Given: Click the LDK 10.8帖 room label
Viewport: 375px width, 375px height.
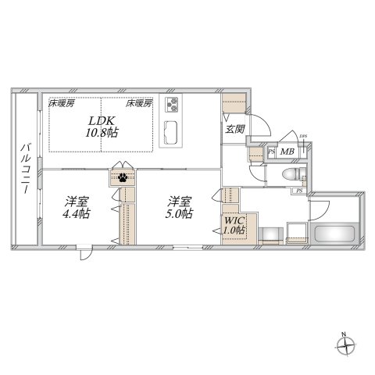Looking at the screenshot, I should click(102, 127).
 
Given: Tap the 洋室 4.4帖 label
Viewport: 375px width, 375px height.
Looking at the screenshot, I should click(76, 206).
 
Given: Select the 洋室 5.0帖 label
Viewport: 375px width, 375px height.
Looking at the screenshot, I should click(179, 206).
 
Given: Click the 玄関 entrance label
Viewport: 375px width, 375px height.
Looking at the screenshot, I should click(234, 129).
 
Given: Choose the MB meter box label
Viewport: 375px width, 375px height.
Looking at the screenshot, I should click(287, 152).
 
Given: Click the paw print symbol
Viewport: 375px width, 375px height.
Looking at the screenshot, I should click(123, 177).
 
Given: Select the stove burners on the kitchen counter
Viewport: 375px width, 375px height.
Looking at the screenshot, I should click(172, 103).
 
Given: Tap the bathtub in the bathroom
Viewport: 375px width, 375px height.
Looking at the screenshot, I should click(334, 233).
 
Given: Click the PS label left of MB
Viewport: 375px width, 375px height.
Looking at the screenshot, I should click(271, 152).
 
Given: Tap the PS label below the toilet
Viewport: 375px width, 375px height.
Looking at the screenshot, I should click(299, 191).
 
